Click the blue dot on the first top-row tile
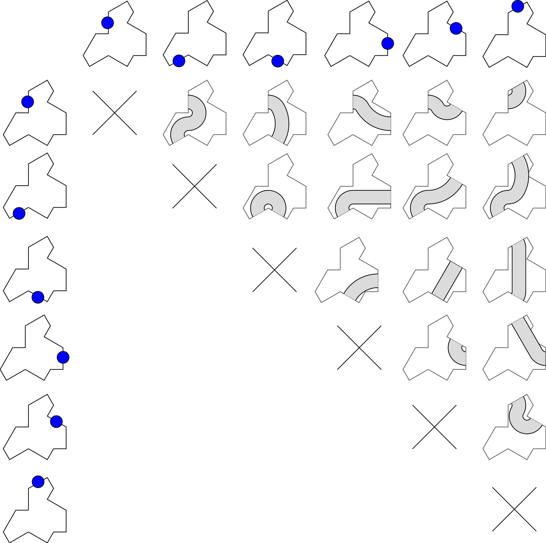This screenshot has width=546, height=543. point(107,23)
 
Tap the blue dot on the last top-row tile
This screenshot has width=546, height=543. point(517,6)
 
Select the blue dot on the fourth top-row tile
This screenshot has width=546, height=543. point(387,44)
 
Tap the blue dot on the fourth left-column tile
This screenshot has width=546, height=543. point(63,357)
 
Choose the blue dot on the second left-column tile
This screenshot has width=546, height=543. point(19,213)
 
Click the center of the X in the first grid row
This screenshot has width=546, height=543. point(115,113)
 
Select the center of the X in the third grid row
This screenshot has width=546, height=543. point(274,270)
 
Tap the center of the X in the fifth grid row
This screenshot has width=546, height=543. point(434,427)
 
